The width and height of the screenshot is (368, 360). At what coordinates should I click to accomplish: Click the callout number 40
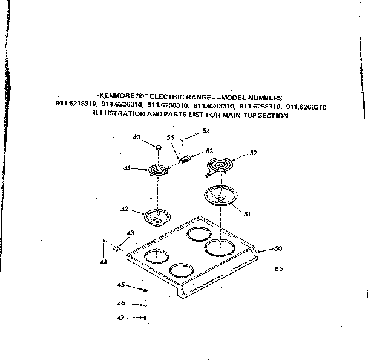(x=136, y=138)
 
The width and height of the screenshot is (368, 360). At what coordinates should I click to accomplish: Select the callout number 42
(x=124, y=209)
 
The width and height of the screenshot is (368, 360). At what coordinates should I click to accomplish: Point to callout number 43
(x=131, y=233)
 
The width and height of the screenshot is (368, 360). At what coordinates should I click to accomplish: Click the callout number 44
(x=103, y=262)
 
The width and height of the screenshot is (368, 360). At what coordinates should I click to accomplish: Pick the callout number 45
(x=120, y=285)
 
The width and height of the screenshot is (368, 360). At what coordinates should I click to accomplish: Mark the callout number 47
(x=120, y=317)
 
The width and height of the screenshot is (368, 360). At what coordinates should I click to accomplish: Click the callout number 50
(x=278, y=248)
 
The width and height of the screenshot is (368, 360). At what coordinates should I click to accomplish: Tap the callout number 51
(x=247, y=213)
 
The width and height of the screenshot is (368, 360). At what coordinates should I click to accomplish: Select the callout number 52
(x=253, y=153)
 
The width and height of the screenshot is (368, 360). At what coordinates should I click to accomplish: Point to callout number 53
(x=209, y=151)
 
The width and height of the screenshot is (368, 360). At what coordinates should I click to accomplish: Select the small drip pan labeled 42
(x=156, y=215)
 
